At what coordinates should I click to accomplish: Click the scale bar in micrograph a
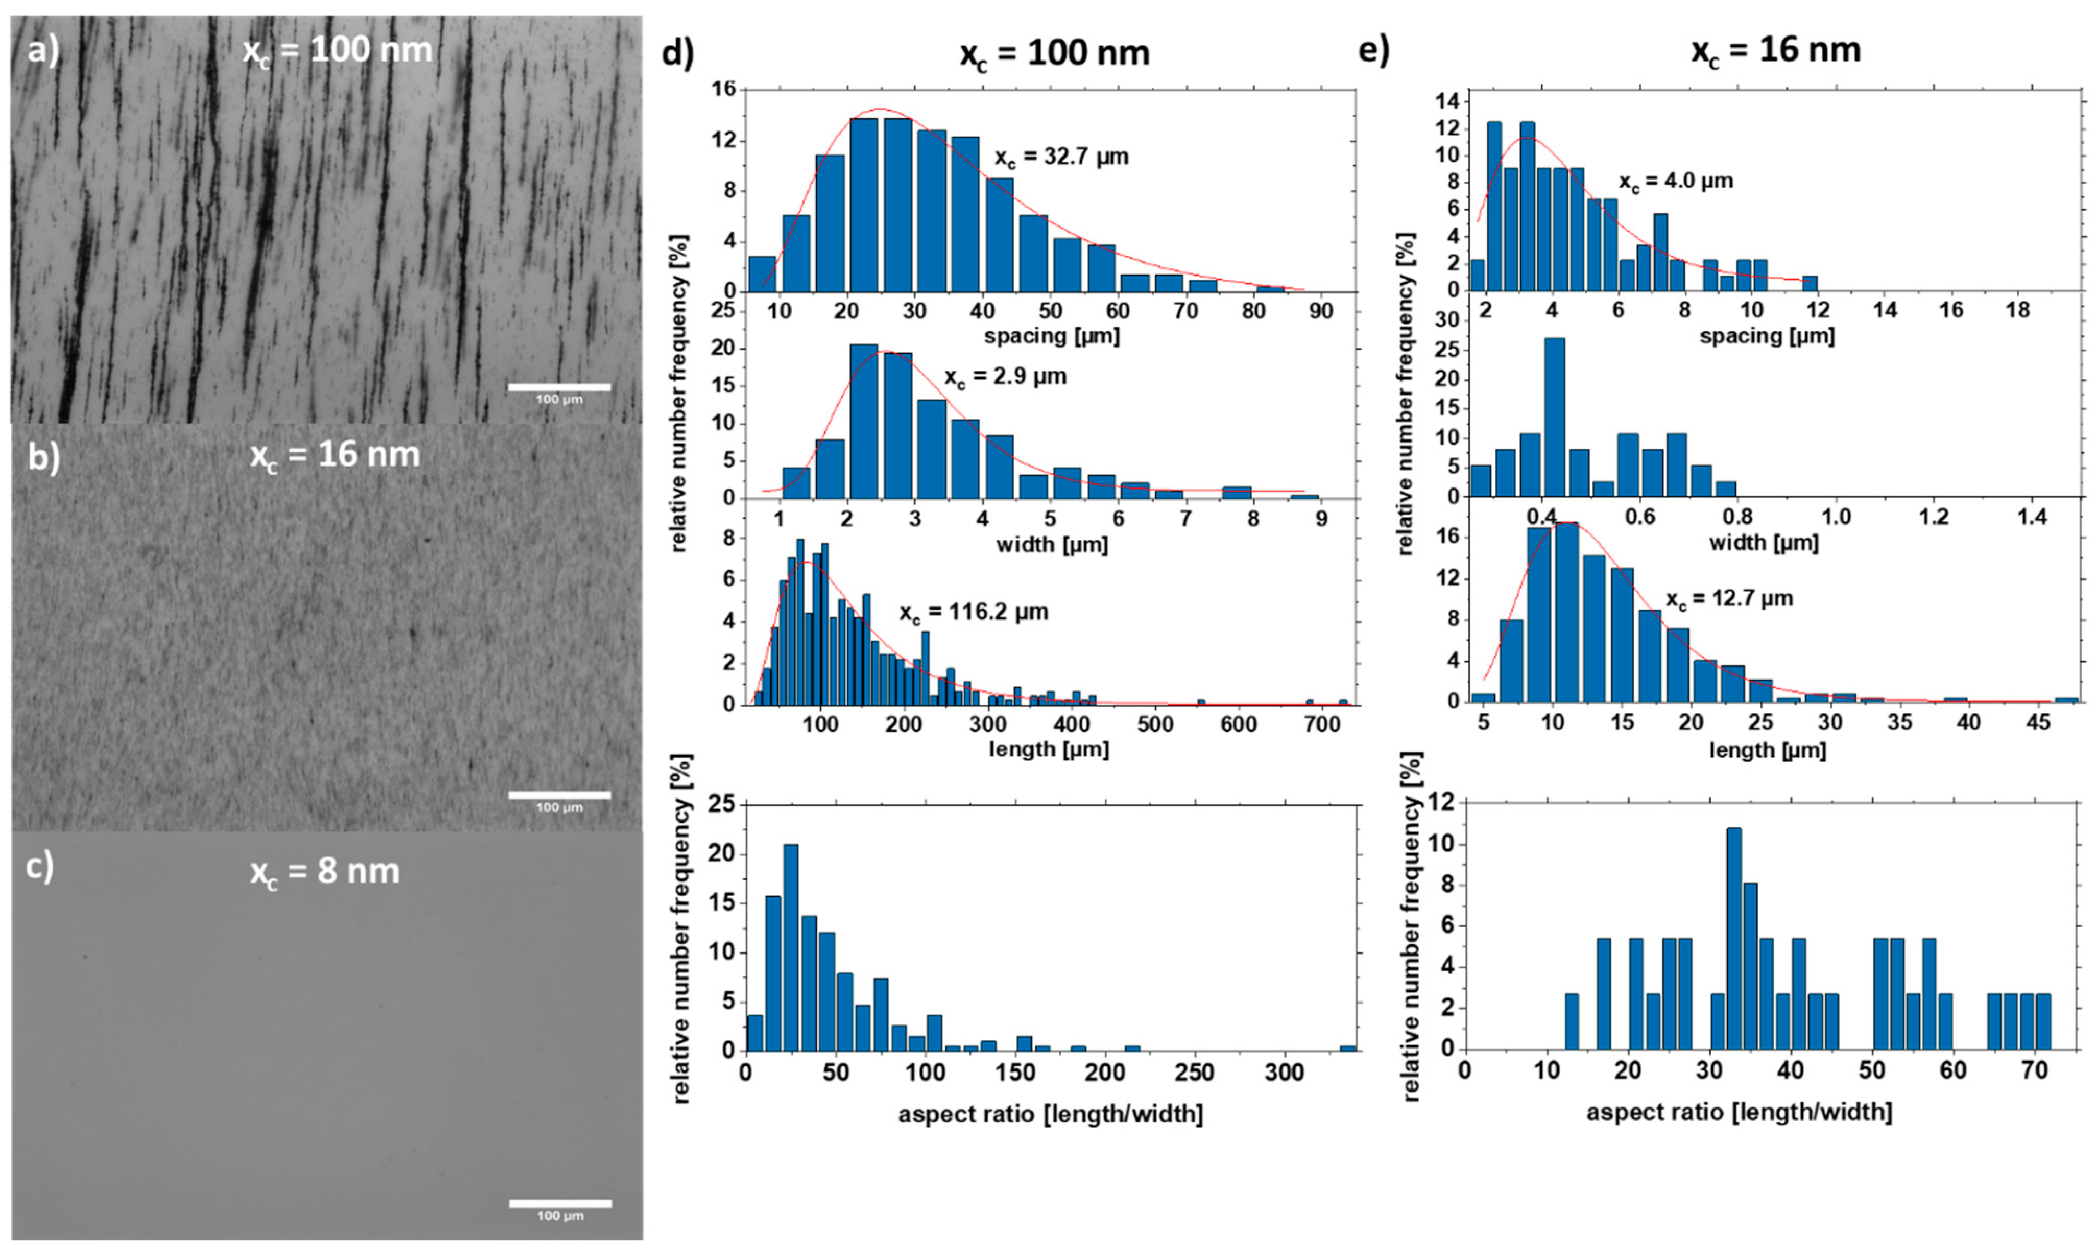(x=559, y=387)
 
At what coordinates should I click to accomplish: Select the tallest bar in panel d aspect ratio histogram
(x=790, y=948)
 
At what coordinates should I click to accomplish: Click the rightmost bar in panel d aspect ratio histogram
(x=1348, y=1048)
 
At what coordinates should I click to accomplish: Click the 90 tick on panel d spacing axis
(x=1321, y=311)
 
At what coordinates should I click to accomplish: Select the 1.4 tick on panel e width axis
(x=2032, y=516)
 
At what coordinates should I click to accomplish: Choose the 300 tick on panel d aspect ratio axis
(x=1285, y=1073)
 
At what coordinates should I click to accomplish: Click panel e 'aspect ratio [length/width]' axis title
(x=1739, y=1113)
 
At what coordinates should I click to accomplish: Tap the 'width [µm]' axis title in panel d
(x=1051, y=544)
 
